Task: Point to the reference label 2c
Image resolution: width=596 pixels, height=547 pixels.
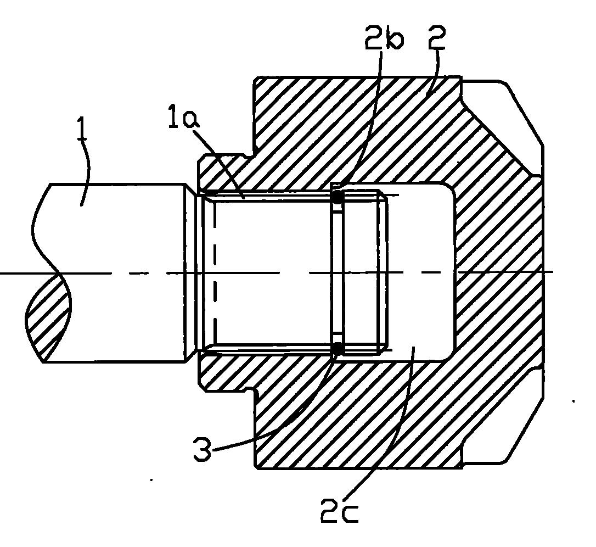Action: click(339, 511)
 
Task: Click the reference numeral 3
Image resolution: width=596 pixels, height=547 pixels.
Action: click(202, 449)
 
